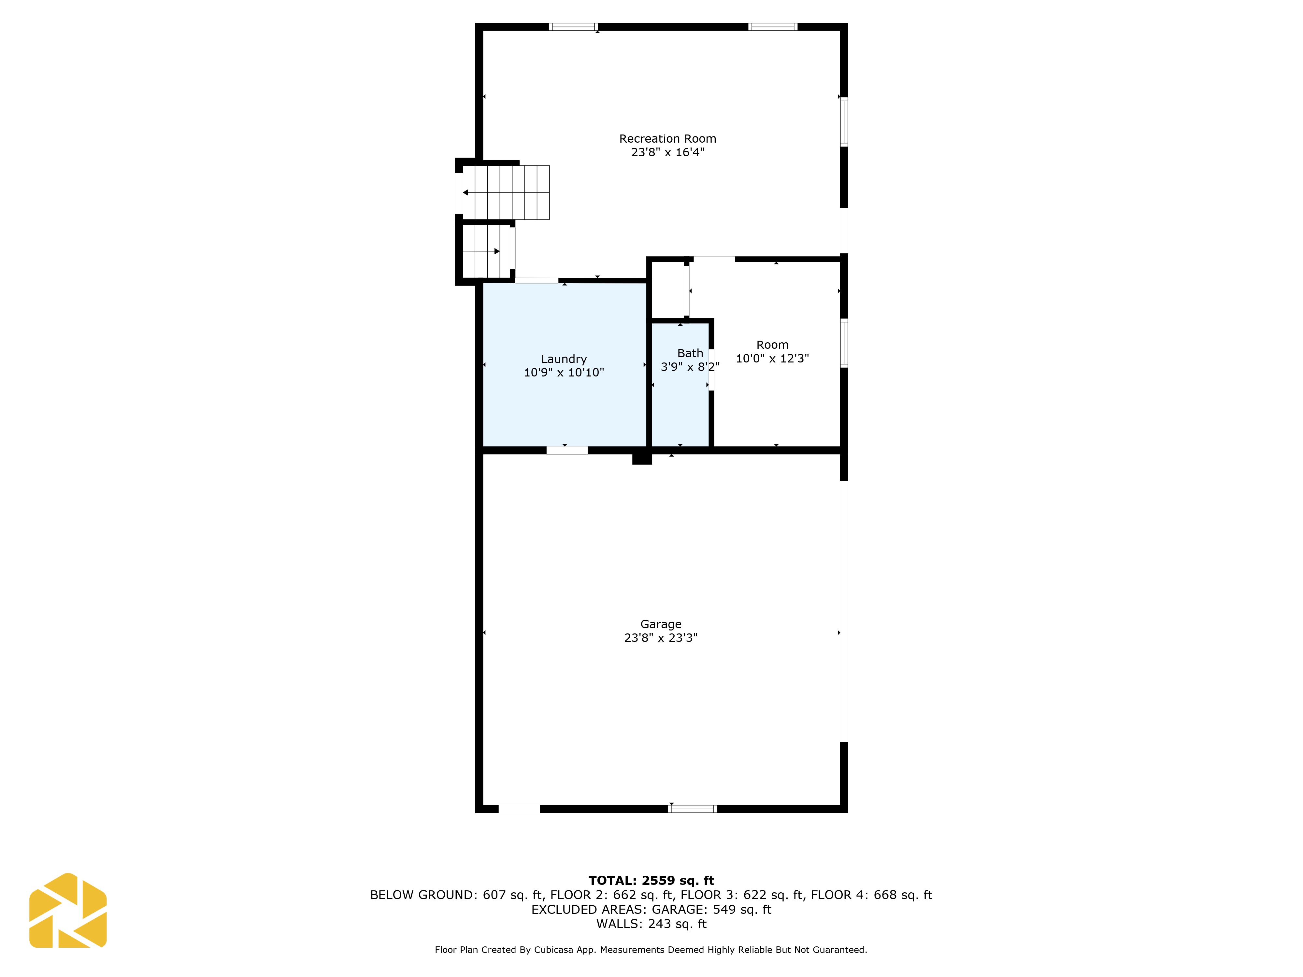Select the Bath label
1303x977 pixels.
point(690,353)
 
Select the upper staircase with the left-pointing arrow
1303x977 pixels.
point(506,192)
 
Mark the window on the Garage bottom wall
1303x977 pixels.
point(692,809)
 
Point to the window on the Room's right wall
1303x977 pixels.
point(844,343)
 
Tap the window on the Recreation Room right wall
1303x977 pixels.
point(844,122)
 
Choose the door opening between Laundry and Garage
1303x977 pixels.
point(567,450)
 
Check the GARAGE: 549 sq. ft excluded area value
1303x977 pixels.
point(711,909)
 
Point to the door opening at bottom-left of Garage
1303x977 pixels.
point(519,809)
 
